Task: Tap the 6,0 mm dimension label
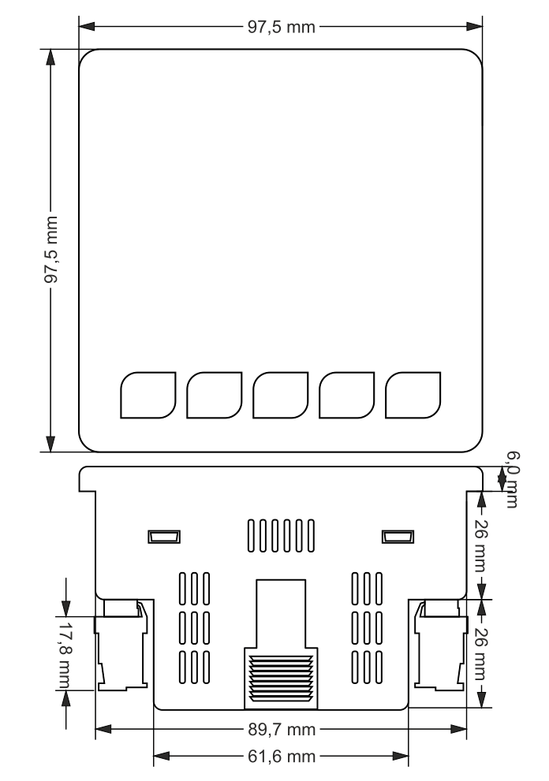point(510,478)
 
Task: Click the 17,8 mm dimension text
point(65,647)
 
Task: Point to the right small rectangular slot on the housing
point(397,537)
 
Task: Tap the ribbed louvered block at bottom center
point(281,675)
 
